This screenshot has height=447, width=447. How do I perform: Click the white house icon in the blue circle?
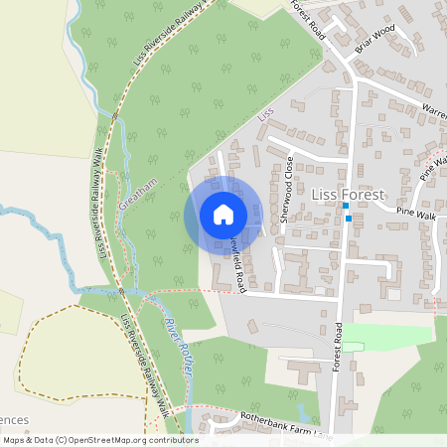(223, 215)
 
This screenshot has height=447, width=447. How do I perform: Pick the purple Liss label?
(264, 115)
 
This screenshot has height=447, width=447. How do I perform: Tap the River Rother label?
(178, 349)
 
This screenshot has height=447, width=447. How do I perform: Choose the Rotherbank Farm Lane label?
(279, 425)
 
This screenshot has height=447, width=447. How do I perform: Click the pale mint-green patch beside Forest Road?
(387, 334)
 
